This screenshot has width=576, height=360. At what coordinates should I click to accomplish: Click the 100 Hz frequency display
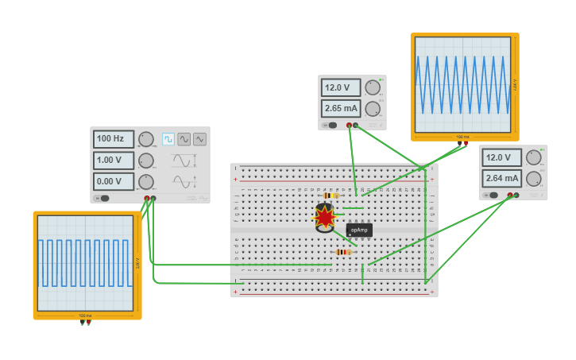pyautogui.click(x=113, y=139)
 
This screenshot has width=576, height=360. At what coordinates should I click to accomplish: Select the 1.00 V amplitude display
pyautogui.click(x=113, y=160)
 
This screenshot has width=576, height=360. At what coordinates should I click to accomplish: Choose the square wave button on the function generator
pyautogui.click(x=168, y=139)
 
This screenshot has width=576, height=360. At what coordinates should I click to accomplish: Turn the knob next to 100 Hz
pyautogui.click(x=146, y=139)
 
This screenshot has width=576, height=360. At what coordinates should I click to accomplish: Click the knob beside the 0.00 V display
pyautogui.click(x=146, y=181)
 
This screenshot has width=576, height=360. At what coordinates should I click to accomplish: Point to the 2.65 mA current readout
pyautogui.click(x=341, y=108)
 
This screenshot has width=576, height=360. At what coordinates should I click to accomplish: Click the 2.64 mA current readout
pyautogui.click(x=501, y=178)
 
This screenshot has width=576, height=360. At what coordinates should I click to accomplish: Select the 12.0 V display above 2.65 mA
pyautogui.click(x=341, y=87)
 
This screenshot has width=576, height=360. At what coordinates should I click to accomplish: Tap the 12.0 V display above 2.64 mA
pyautogui.click(x=501, y=157)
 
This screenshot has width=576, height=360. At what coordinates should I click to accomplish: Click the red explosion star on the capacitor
pyautogui.click(x=324, y=216)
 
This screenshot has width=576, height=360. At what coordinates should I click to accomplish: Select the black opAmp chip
pyautogui.click(x=359, y=230)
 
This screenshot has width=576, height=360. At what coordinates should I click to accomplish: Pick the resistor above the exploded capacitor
pyautogui.click(x=331, y=195)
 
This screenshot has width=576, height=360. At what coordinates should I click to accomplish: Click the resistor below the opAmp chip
pyautogui.click(x=342, y=252)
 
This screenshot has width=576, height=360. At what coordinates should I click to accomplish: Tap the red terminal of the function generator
pyautogui.click(x=147, y=198)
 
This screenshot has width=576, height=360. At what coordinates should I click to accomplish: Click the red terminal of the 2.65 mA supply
pyautogui.click(x=349, y=125)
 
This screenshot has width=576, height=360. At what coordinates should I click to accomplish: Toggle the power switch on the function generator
pyautogui.click(x=102, y=198)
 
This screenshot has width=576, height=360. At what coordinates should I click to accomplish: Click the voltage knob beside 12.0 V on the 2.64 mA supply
pyautogui.click(x=533, y=157)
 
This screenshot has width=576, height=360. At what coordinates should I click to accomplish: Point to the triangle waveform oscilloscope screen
pyautogui.click(x=464, y=84)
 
